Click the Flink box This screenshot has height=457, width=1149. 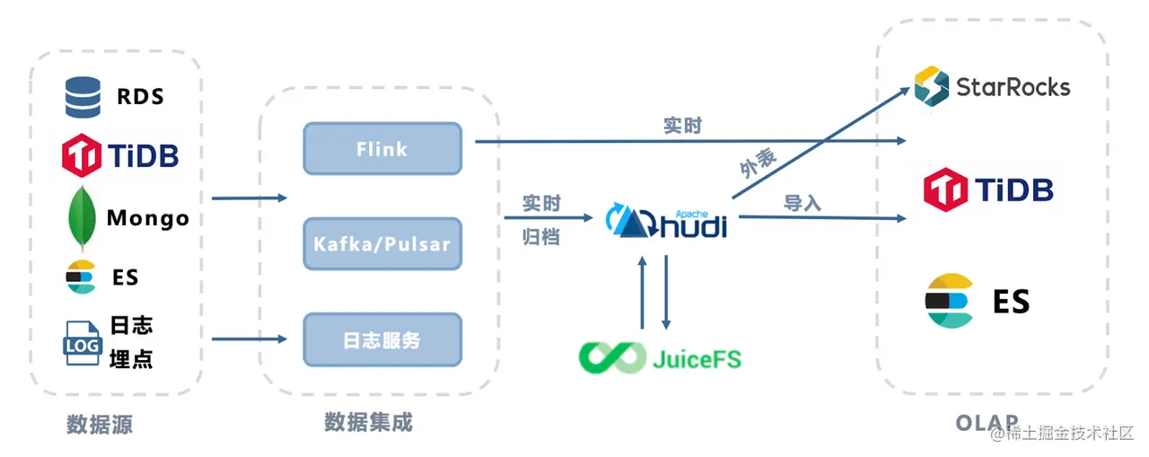point(382,149)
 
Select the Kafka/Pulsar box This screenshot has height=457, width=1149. point(382,243)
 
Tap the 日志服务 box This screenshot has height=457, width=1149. point(382,340)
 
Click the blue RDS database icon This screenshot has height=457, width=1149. point(83,97)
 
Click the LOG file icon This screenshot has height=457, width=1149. point(82,343)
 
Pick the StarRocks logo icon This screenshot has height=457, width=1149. point(932,87)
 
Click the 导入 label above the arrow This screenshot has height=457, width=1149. point(803,203)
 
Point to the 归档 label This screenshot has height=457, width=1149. point(541,237)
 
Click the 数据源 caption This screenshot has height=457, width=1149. point(100,425)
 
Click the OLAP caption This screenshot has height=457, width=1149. point(987,423)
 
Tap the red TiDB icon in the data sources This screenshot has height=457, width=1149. point(82,156)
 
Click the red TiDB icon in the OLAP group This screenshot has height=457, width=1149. point(944,189)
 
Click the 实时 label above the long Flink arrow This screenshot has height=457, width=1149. point(682,126)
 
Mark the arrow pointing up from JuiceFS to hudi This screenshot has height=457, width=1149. point(643,292)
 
